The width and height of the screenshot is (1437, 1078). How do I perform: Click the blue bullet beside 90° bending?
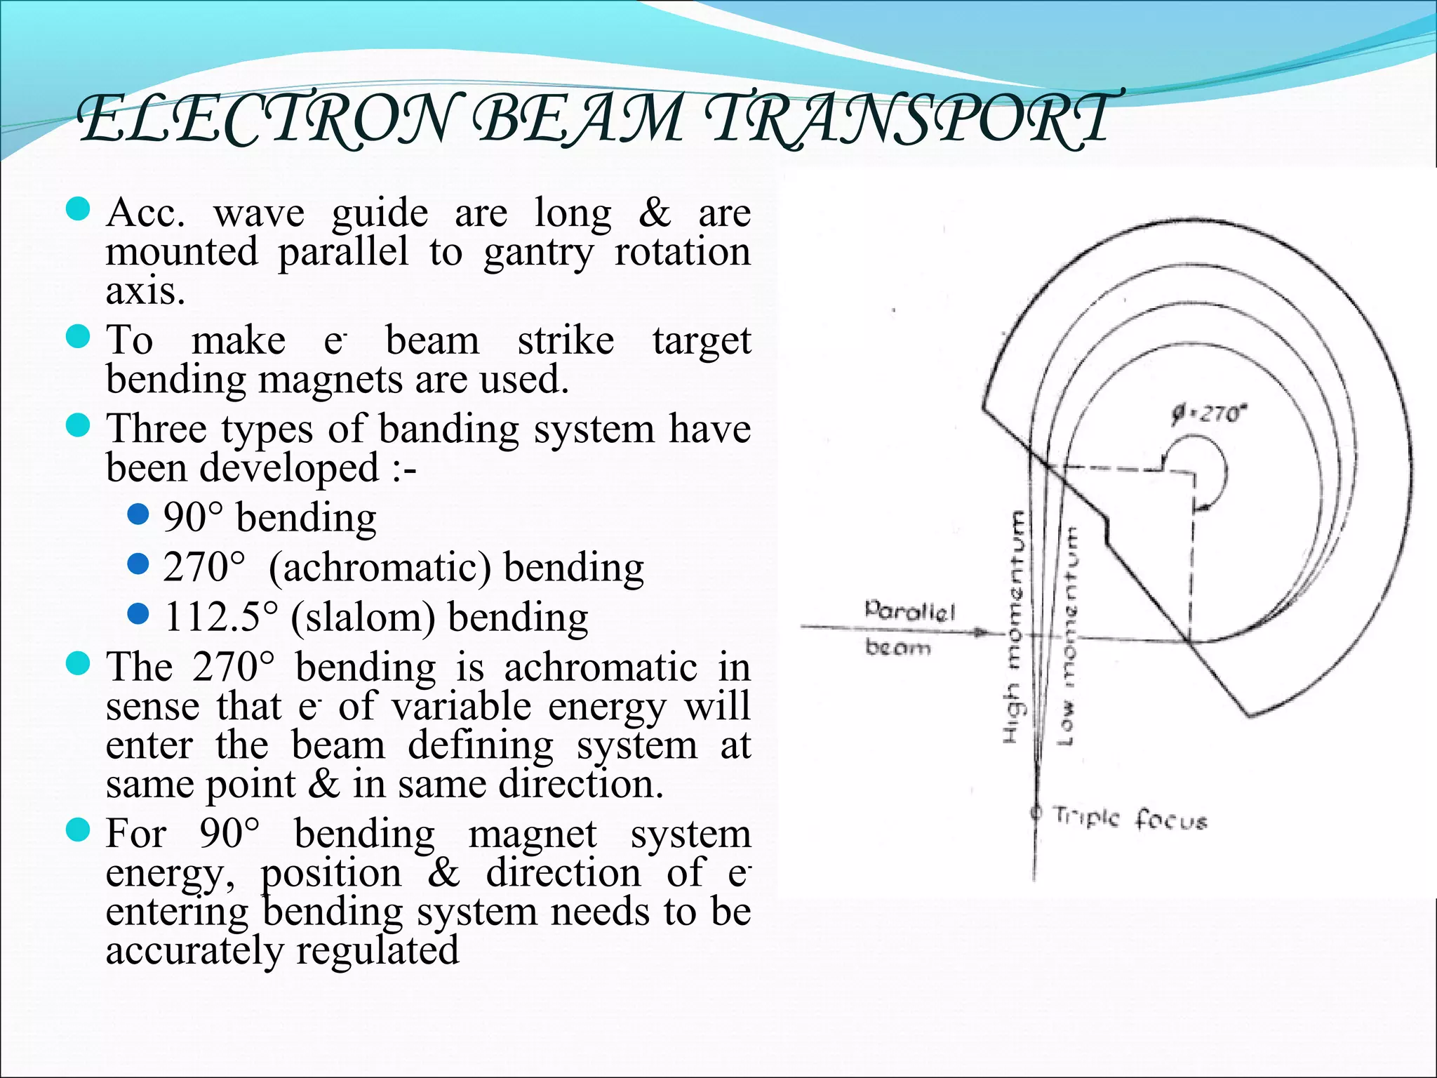[139, 515]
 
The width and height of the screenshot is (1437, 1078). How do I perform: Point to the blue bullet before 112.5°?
[139, 614]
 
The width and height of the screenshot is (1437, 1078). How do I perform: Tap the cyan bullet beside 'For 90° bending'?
[78, 831]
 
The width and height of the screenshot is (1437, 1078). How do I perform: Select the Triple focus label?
[1130, 818]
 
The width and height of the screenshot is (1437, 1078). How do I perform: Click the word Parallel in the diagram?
[909, 611]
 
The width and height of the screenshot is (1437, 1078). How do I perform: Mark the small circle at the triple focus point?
[1034, 813]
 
